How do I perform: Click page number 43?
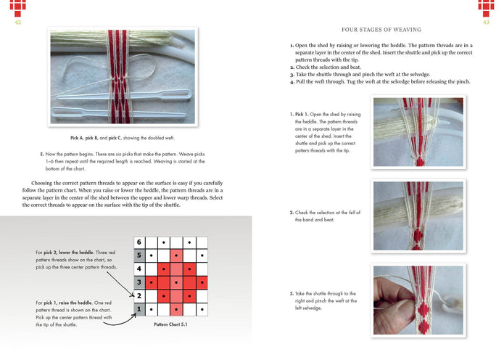coord(486,22)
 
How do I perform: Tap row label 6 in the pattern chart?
coord(139,242)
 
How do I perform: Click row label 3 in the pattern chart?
coord(139,282)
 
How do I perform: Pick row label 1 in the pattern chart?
coord(139,310)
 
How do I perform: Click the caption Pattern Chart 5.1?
coord(171,324)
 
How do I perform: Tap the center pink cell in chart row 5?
coord(176,255)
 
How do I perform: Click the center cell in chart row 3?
coord(176,282)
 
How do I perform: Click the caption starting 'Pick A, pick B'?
coord(121,138)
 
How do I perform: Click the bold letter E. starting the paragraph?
coord(42,155)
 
